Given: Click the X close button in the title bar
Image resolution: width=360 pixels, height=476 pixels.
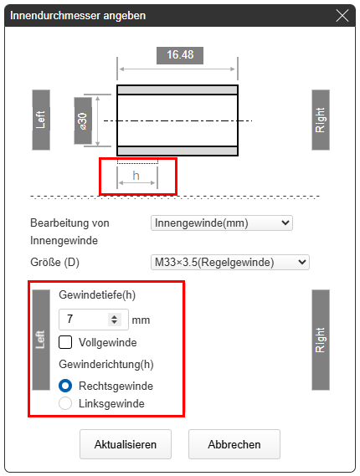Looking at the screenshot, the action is (x=342, y=16).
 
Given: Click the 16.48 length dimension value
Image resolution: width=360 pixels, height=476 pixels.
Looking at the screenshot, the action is (x=180, y=55).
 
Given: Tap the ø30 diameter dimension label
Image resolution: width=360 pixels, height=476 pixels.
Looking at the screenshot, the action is (x=83, y=120).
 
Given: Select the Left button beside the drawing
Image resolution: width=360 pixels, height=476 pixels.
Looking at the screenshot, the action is (x=41, y=120).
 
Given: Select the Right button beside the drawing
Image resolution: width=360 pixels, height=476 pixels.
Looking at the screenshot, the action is (x=321, y=120).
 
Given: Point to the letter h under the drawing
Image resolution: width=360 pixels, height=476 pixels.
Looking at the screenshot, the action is (x=136, y=176).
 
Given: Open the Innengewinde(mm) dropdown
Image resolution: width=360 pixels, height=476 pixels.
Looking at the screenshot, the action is (x=222, y=223).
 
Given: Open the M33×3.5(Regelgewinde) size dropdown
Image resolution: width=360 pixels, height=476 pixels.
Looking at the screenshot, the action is (x=230, y=262).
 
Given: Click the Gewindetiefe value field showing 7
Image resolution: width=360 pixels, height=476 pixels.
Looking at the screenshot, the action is (x=84, y=320).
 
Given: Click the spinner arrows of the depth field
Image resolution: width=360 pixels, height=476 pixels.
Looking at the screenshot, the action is (x=114, y=320).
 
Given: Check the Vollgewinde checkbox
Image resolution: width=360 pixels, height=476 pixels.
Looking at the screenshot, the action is (x=65, y=342).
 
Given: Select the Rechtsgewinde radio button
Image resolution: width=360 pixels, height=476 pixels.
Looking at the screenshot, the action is (x=65, y=386).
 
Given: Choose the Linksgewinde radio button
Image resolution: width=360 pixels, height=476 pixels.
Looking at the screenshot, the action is (x=65, y=403).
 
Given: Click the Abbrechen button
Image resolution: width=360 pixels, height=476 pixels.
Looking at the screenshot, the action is (x=234, y=444).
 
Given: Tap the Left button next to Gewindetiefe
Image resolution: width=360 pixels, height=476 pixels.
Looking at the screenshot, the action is (x=41, y=340).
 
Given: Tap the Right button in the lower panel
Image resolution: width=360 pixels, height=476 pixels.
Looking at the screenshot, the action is (x=321, y=340).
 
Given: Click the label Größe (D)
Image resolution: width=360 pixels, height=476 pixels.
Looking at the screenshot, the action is (x=54, y=262).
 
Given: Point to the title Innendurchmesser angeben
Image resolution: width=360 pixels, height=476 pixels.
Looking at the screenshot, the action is (x=78, y=16).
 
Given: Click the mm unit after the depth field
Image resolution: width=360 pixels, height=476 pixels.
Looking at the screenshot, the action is (x=141, y=320).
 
